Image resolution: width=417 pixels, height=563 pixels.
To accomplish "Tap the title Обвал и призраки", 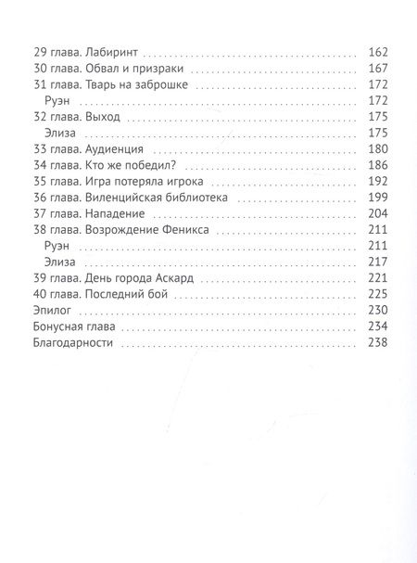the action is pos(120,70).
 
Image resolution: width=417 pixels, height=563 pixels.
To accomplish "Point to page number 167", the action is pos(378,70).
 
